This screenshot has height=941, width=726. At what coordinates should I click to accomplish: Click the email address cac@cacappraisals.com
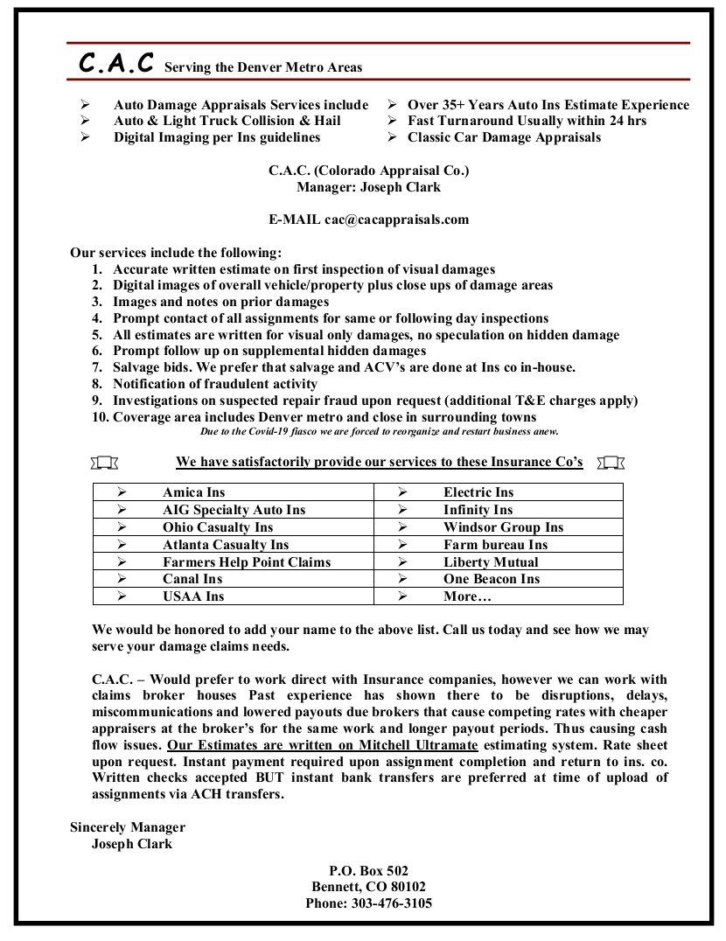(396, 220)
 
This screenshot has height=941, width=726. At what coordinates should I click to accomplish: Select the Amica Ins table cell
(193, 492)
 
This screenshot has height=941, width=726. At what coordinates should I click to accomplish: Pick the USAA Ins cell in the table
(193, 596)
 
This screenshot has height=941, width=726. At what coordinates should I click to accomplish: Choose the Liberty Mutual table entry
(491, 562)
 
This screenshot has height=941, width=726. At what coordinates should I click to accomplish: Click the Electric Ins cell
(478, 492)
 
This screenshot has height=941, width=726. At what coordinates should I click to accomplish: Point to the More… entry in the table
(467, 596)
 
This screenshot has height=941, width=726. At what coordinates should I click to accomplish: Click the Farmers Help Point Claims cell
(247, 562)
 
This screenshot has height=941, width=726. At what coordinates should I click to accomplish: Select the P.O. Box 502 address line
(368, 871)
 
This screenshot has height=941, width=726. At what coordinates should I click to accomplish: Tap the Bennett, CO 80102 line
(368, 887)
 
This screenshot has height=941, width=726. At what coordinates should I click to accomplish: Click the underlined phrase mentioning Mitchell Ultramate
(323, 746)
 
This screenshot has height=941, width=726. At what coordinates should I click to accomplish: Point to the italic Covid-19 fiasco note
(379, 431)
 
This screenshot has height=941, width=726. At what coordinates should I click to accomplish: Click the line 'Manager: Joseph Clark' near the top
(368, 187)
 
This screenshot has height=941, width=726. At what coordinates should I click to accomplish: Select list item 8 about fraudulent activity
(215, 384)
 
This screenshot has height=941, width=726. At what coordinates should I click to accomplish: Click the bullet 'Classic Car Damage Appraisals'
(504, 137)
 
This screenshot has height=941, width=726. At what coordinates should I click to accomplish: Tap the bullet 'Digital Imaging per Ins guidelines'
(217, 137)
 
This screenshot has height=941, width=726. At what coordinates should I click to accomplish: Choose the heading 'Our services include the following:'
(176, 254)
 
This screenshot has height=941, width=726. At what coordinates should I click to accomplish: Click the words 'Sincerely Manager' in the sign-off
(128, 827)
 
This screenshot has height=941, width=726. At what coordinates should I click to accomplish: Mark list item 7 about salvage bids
(344, 367)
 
